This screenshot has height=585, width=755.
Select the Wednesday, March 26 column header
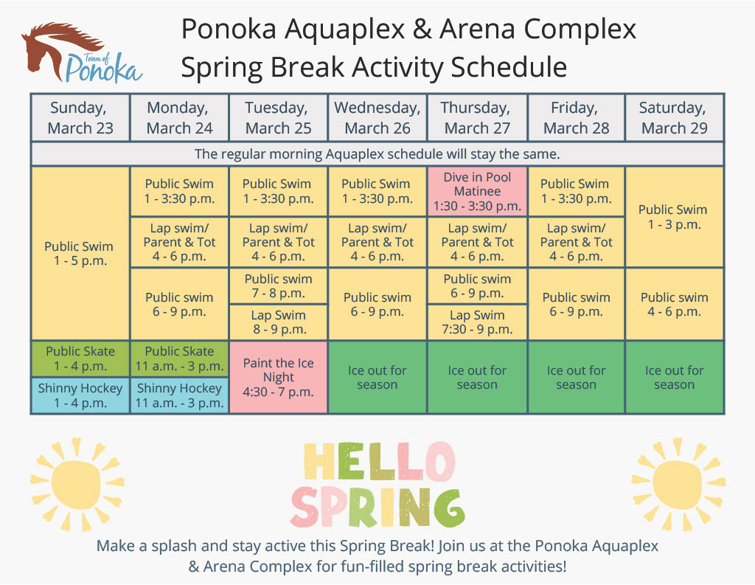(x=377, y=117)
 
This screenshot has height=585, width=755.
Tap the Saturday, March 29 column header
(x=675, y=117)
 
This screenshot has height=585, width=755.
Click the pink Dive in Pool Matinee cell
(x=478, y=191)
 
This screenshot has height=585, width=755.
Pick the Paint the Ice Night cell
(x=279, y=377)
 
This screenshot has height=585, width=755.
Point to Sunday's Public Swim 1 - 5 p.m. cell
(x=80, y=254)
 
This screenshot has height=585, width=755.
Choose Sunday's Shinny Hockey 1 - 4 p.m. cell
(x=80, y=395)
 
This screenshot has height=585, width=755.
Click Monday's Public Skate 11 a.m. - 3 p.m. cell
(x=179, y=359)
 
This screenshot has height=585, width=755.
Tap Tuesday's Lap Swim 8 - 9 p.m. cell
(x=279, y=322)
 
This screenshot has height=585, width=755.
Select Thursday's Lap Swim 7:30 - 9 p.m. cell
(x=478, y=322)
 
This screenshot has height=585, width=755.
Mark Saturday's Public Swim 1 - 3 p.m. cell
(x=675, y=216)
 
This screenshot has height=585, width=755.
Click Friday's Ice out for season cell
(x=577, y=377)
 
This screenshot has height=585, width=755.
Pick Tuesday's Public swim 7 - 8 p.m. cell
(x=279, y=286)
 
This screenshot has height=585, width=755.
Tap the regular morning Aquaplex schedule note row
(x=377, y=154)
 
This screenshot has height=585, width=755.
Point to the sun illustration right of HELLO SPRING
(x=676, y=483)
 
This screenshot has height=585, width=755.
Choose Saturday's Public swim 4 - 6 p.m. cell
(x=675, y=304)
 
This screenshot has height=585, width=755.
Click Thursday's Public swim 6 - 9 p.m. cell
(x=478, y=286)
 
